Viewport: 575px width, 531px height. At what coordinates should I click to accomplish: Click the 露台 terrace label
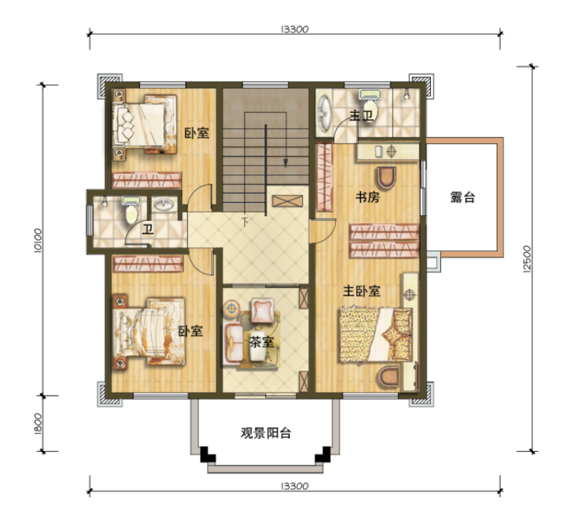click(462, 197)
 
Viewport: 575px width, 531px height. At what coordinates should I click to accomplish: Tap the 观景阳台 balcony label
click(266, 433)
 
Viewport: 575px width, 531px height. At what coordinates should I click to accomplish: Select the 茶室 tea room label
click(262, 342)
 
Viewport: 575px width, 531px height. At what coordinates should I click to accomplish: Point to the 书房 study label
click(367, 197)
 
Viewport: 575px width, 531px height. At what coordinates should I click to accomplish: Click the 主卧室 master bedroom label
click(362, 292)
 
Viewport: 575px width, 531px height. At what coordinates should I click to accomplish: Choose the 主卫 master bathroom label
click(361, 115)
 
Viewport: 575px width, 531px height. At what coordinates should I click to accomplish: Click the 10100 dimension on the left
click(39, 240)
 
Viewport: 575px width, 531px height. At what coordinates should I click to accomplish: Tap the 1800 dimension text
click(39, 423)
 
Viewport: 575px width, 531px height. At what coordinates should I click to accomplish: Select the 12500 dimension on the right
click(527, 259)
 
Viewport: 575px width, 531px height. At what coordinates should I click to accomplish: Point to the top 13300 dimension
click(295, 29)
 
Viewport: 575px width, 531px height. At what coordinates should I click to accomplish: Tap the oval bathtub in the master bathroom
click(325, 113)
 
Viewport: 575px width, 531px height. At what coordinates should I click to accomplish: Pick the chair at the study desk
click(387, 177)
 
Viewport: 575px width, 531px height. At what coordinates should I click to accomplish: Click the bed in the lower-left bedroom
click(149, 331)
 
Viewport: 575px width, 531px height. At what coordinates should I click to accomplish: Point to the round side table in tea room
click(232, 308)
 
